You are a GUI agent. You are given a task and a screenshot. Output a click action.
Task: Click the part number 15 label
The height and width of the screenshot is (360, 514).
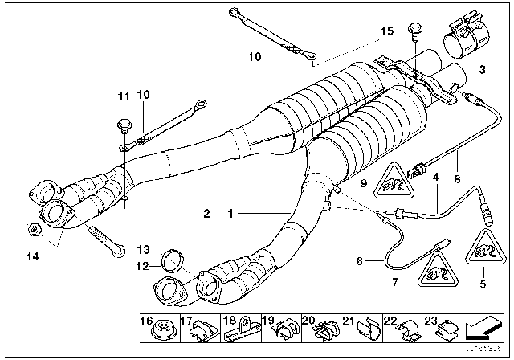pyautogui.click(x=387, y=31)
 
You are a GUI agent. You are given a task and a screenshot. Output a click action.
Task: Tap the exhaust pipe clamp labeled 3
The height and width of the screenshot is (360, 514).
pyautogui.click(x=466, y=37)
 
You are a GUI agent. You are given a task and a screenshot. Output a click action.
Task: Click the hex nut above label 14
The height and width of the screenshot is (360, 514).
pyautogui.click(x=29, y=229)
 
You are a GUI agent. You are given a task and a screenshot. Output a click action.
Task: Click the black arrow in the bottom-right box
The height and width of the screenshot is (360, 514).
pyautogui.click(x=485, y=328)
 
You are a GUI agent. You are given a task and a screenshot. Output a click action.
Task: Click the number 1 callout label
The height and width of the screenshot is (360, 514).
pyautogui.click(x=232, y=215)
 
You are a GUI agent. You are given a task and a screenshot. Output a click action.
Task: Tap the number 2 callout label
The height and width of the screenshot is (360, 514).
pyautogui.click(x=206, y=215)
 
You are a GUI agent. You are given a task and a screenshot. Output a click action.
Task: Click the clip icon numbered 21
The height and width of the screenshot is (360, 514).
pyautogui.click(x=363, y=329)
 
